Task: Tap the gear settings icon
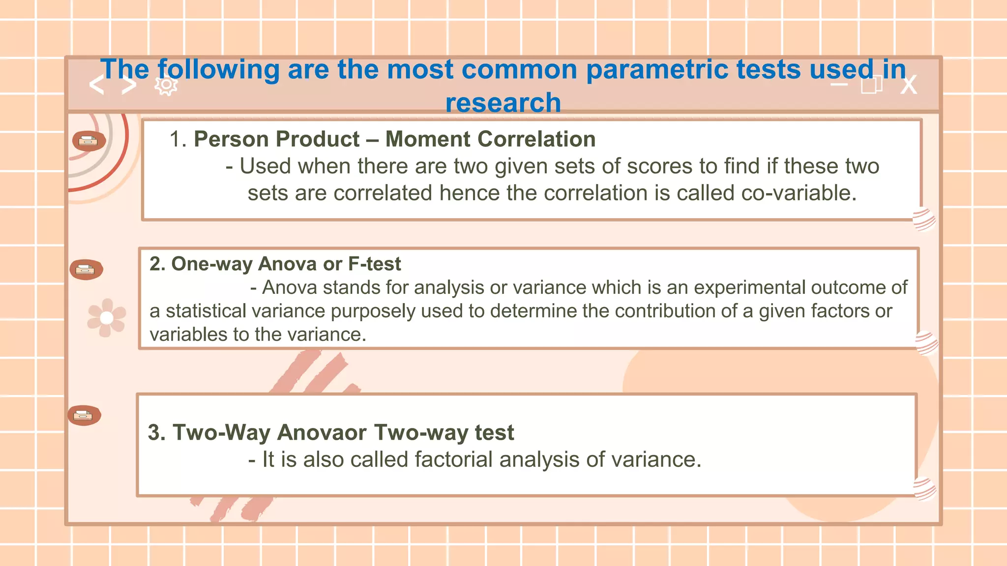click(166, 85)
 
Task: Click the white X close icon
click(909, 85)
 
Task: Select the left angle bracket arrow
click(97, 85)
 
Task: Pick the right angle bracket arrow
click(129, 85)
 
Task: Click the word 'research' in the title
click(503, 103)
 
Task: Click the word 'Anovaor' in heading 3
click(322, 433)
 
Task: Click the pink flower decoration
click(106, 318)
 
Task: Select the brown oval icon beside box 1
click(89, 141)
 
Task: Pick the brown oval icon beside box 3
click(84, 416)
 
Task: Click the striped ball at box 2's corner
click(927, 343)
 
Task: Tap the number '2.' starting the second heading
click(157, 264)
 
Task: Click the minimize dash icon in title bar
click(839, 85)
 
